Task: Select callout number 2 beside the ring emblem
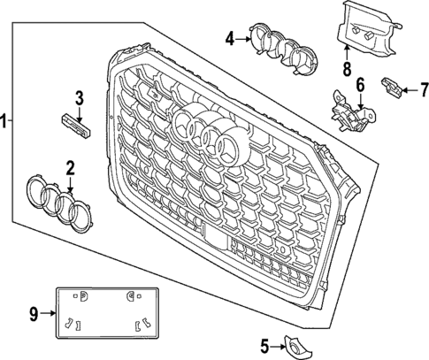[x=70, y=166]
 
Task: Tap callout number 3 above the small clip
[x=78, y=98]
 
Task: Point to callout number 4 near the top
[x=230, y=38]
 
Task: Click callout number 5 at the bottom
[x=264, y=344]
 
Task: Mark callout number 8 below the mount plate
[x=347, y=67]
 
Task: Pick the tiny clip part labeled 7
[x=390, y=86]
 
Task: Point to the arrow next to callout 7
[x=408, y=88]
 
